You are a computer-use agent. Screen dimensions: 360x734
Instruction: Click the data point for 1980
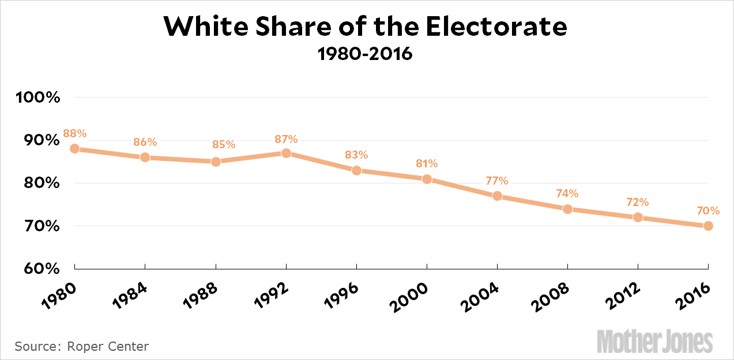click(x=75, y=148)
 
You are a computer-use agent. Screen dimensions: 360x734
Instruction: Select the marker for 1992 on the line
click(x=286, y=153)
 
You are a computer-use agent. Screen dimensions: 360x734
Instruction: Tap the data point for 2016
click(x=708, y=226)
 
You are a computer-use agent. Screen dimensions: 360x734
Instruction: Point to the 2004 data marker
click(x=497, y=196)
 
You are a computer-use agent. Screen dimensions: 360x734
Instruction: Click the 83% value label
click(x=356, y=155)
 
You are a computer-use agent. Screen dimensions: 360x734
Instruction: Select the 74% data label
click(x=567, y=194)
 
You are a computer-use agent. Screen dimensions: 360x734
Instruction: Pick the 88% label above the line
click(x=75, y=133)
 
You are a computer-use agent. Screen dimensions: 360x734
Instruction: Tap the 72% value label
click(x=638, y=202)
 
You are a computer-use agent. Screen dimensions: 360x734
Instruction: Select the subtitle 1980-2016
click(x=366, y=54)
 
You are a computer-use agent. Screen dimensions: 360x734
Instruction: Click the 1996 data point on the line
click(x=356, y=170)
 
